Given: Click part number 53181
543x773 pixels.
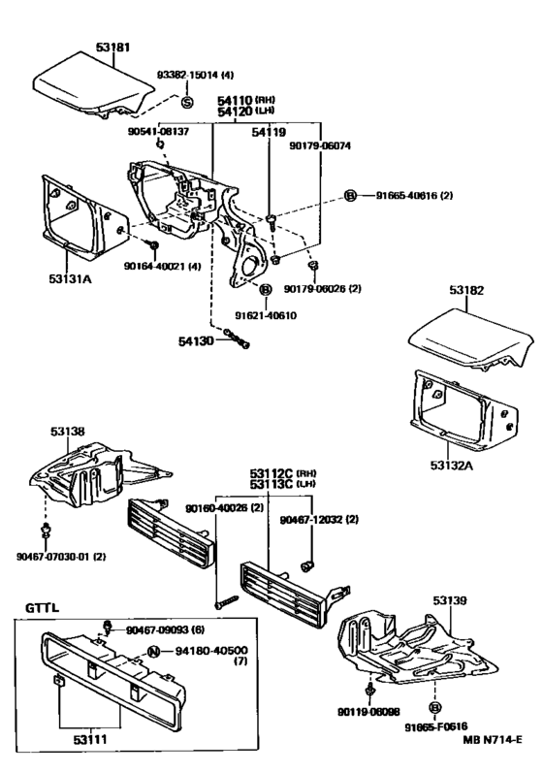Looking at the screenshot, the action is coord(112,48).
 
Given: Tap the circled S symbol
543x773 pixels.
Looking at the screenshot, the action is coord(187,102).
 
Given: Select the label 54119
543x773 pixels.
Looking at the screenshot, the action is coord(269,132).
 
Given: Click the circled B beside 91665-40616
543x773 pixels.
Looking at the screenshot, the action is coord(349,196).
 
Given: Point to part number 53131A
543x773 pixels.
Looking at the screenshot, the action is coord(70,279).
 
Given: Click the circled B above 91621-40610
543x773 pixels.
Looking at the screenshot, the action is coord(265,289).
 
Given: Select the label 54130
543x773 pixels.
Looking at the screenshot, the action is coord(196,340).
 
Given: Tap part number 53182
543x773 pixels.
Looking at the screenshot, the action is coord(466,290).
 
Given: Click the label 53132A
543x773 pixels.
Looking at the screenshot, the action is coord(451,465).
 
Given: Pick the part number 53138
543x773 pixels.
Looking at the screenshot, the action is coord(67,432).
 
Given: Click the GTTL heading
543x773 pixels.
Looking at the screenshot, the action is coord(43,607).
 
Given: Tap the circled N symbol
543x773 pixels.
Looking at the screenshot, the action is coord(154,652).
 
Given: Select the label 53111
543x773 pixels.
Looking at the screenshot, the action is coord(90,739).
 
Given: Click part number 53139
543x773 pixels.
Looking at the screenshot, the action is coord(450,600).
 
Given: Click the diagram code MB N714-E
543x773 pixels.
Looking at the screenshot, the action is coord(493,739).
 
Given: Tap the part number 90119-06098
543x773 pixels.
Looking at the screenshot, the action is coord(368,712).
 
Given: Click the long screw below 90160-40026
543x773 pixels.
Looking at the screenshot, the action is coord(226,602).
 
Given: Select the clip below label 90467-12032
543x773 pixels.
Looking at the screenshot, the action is coord(308,565).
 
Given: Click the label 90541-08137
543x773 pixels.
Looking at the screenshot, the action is coord(159,132).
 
